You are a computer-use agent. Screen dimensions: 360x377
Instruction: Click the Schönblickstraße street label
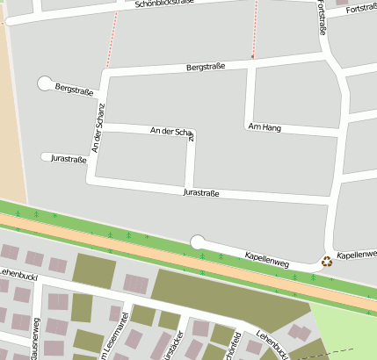(x=164, y=4)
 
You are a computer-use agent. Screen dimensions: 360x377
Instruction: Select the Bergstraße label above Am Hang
(x=207, y=67)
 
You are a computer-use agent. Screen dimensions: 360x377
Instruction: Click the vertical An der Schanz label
(x=98, y=129)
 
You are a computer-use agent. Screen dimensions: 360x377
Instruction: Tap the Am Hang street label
(x=265, y=127)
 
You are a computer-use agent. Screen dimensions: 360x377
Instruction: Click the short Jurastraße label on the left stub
(x=69, y=159)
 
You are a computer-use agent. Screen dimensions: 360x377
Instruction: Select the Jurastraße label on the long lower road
(x=200, y=192)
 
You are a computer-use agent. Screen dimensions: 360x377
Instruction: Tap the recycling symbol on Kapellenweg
(x=327, y=261)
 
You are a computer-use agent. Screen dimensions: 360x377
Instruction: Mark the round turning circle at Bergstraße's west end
(x=44, y=83)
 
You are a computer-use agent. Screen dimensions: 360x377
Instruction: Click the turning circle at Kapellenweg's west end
(x=198, y=241)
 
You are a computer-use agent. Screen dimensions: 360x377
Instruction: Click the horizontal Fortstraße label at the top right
(x=361, y=9)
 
